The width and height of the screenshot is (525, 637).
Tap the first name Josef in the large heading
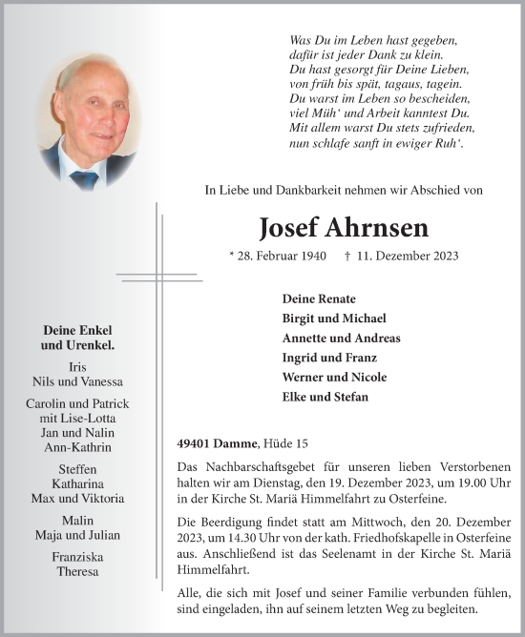(x=290, y=229)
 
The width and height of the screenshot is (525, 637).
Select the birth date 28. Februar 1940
(x=279, y=257)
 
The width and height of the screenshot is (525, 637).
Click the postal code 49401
(x=197, y=442)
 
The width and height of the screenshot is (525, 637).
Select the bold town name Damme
(x=239, y=442)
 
